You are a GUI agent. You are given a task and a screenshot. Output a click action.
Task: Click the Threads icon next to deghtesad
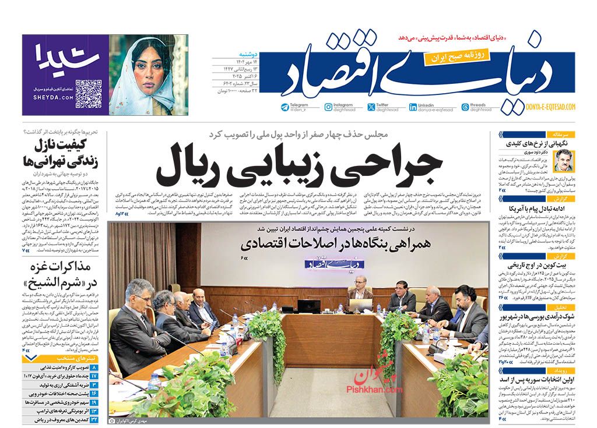[x=465, y=107]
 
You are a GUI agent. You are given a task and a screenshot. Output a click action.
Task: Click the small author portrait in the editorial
[x=564, y=161]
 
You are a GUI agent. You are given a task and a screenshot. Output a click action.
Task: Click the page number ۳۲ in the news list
[x=94, y=420]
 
